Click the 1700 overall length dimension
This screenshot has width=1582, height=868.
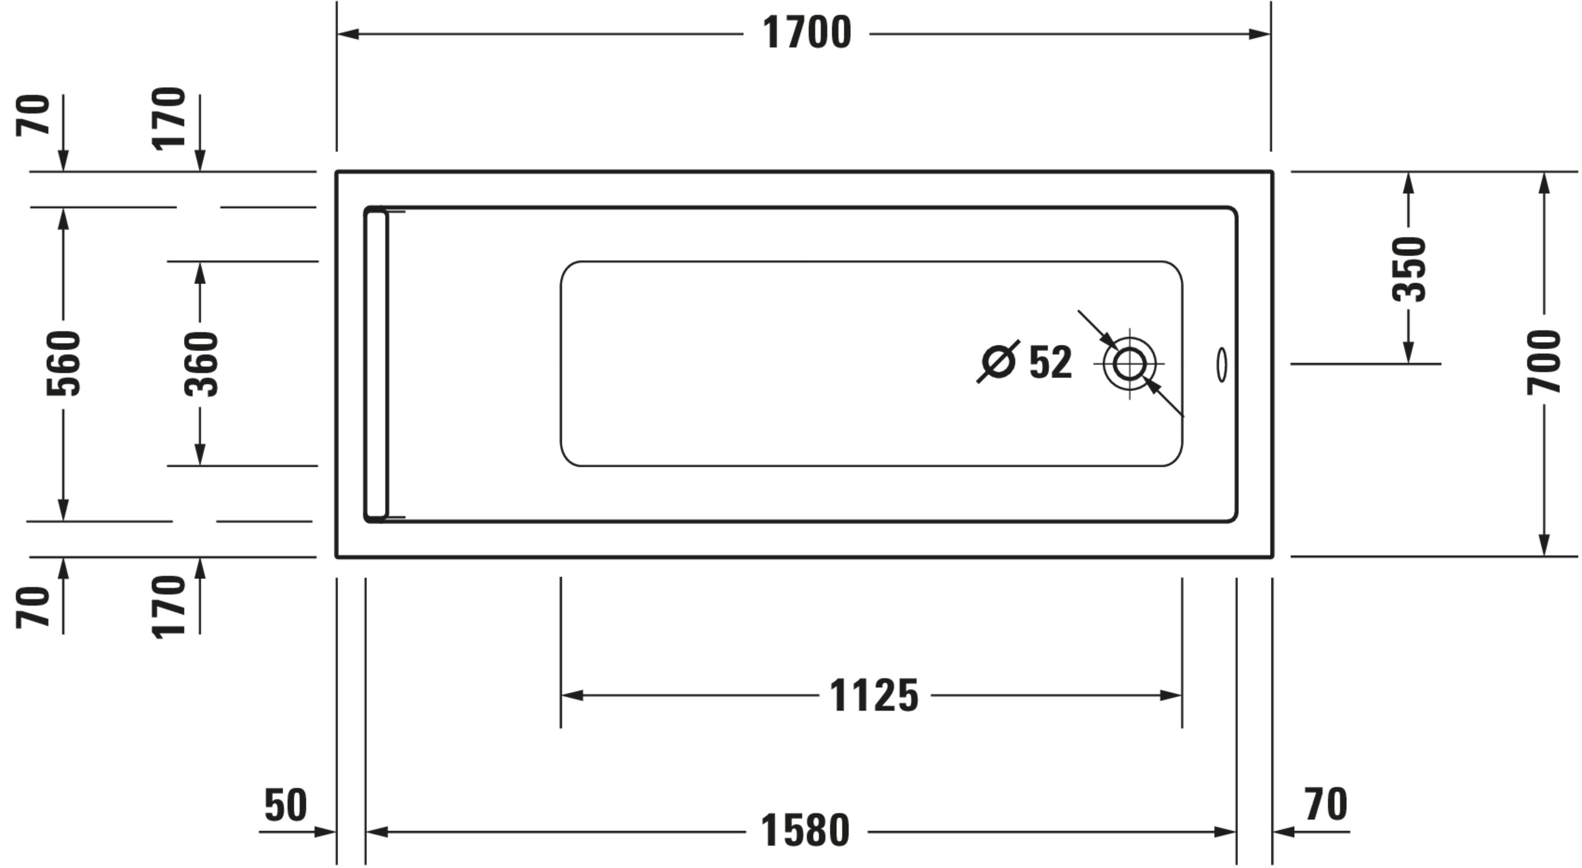coord(806,33)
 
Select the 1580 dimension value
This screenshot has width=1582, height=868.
coord(805,831)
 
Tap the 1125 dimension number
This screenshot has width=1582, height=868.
coord(874,696)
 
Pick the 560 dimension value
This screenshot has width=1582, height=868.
coord(63,363)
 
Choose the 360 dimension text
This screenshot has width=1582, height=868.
coord(201,364)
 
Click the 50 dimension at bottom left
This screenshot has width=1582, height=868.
coord(286,805)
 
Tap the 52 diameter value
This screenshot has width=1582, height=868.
coord(1050,362)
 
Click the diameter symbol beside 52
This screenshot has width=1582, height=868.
coord(998,362)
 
